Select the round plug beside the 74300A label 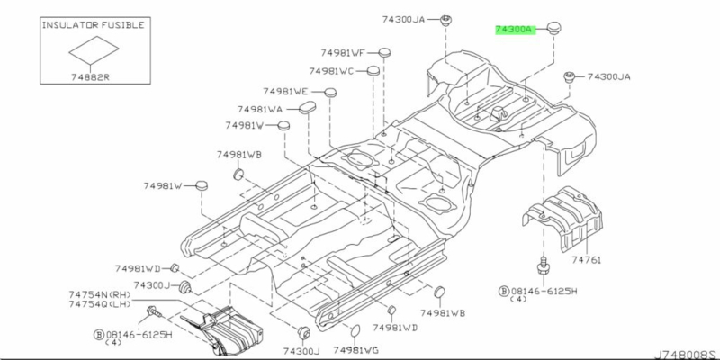(x=555, y=28)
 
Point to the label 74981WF (x=343, y=53)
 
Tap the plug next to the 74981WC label (x=373, y=71)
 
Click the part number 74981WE (x=285, y=92)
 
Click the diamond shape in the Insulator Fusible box (x=94, y=50)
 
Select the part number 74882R (x=90, y=77)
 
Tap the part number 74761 (x=587, y=260)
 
